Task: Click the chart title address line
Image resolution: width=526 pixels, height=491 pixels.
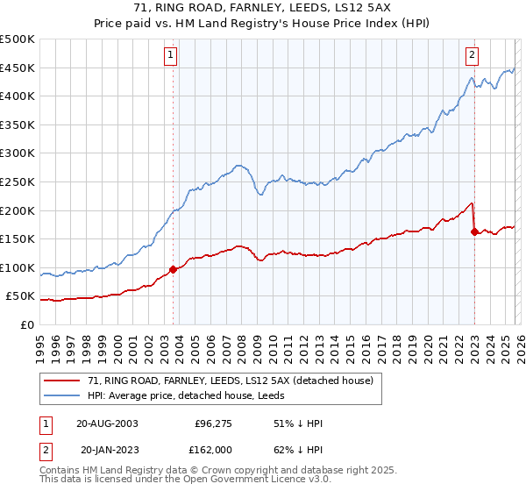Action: (x=263, y=8)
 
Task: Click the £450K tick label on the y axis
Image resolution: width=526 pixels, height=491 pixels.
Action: (x=18, y=68)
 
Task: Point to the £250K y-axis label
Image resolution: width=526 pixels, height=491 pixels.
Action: (x=18, y=181)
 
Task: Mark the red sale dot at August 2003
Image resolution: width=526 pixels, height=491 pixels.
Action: (x=173, y=269)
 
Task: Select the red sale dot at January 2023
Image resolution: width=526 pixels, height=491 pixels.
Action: (x=474, y=231)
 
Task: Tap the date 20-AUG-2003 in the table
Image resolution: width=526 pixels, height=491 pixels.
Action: (x=107, y=423)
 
